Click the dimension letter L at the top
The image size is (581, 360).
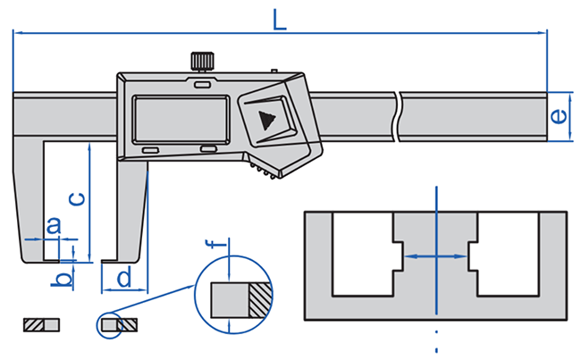pyautogui.click(x=280, y=20)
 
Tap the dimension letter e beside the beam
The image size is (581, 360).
pyautogui.click(x=557, y=116)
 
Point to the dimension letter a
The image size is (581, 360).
pyautogui.click(x=53, y=225)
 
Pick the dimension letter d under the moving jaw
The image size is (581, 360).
pyautogui.click(x=124, y=277)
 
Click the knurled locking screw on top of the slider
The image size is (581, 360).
pyautogui.click(x=202, y=62)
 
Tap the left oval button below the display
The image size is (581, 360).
pyautogui.click(x=149, y=149)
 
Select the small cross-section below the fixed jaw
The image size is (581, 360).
pyautogui.click(x=40, y=324)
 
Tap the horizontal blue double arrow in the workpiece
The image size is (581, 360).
pyautogui.click(x=435, y=255)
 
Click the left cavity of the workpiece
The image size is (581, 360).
pyautogui.click(x=361, y=255)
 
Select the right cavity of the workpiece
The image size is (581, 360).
pyautogui.click(x=508, y=255)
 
